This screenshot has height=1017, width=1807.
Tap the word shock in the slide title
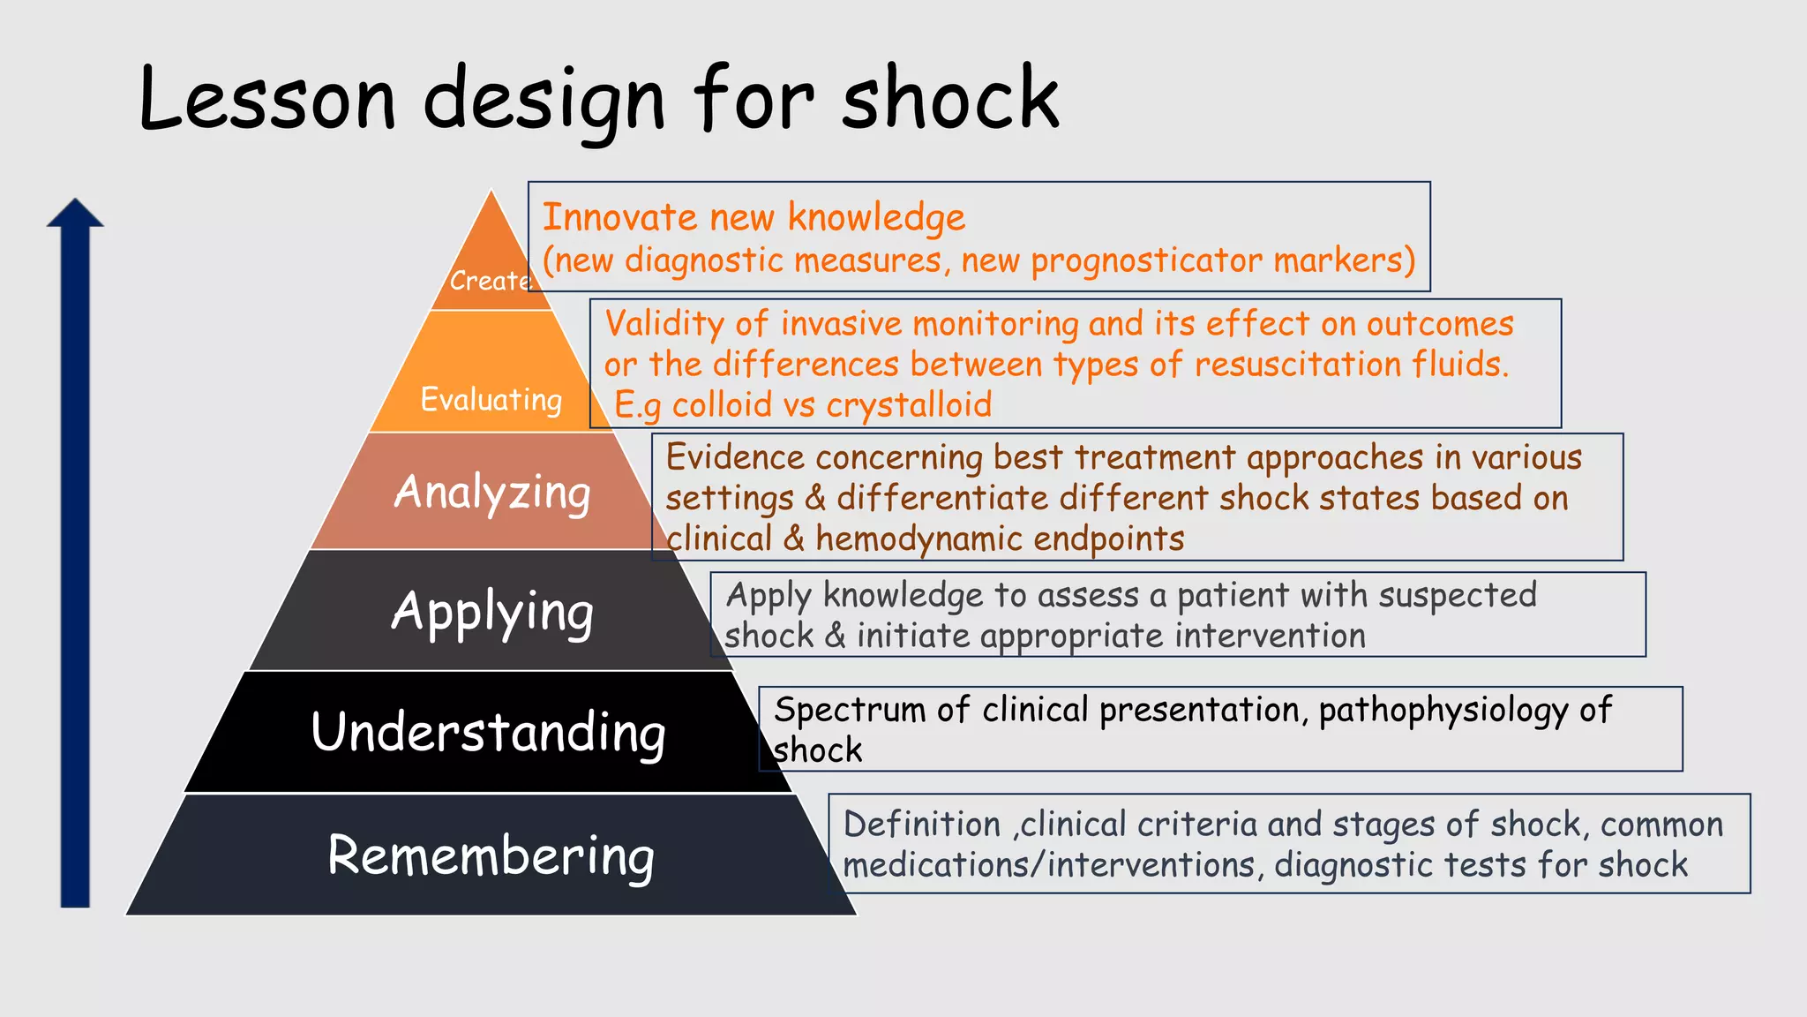coord(950,99)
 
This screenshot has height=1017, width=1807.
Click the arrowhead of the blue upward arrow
coord(75,214)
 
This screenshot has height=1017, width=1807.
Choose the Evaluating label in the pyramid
coord(491,399)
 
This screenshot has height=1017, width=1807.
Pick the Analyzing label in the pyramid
coord(492,493)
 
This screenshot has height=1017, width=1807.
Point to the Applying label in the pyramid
coord(492,613)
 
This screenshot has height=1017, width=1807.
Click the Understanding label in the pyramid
coord(489,733)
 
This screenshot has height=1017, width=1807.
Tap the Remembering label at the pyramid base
coord(491,856)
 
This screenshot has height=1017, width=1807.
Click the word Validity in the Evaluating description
coord(664,324)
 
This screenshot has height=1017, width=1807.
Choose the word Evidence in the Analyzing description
coord(735,457)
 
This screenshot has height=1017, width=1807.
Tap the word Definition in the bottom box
coord(922,825)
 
